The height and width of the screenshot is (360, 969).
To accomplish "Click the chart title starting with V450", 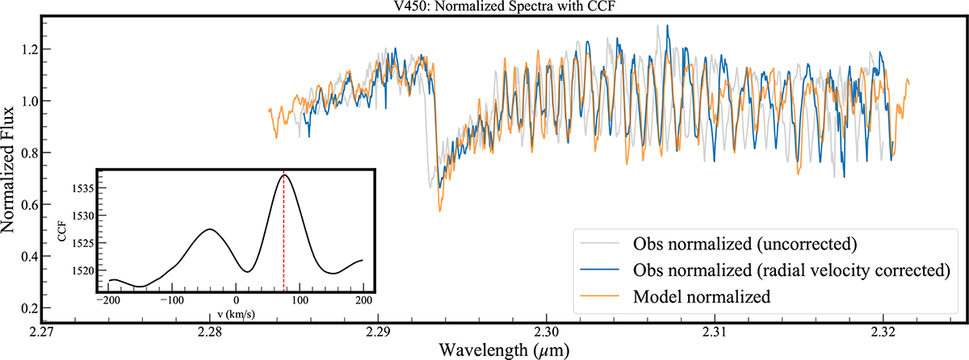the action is coord(504,6).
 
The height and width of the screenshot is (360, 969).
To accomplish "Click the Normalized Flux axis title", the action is coord(8,170).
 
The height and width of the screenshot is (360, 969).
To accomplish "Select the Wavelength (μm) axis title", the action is coord(504,350).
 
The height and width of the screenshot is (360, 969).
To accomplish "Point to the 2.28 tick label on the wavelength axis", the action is coord(210,332).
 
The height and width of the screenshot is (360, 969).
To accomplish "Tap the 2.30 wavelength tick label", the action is coord(547,332).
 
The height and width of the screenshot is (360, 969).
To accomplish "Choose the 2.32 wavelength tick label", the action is coord(883,332).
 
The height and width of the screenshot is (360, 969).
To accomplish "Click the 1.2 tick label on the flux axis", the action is coord(30,49).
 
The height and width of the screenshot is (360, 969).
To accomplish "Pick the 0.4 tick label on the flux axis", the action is coord(30,257).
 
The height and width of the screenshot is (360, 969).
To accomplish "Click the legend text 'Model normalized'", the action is coord(702,297).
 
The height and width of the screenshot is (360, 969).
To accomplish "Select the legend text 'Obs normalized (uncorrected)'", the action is coord(745,245).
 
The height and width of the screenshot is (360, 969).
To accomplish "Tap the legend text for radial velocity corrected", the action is coord(791,270).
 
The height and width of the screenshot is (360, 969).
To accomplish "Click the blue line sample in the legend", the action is coord(599,270).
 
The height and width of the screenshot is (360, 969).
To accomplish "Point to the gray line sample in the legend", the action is coord(599,243).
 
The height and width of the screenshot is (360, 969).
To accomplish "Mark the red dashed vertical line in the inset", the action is coord(283,232).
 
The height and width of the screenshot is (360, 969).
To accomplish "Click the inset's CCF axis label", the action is coord(62,231).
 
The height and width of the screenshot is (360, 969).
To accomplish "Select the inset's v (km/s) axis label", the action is coord(236,314).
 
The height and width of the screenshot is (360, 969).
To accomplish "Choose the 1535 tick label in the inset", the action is coord(82,188).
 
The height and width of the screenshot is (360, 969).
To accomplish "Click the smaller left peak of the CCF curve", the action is coord(210,229).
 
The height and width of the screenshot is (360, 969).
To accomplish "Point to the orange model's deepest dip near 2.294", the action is coord(440,211).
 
